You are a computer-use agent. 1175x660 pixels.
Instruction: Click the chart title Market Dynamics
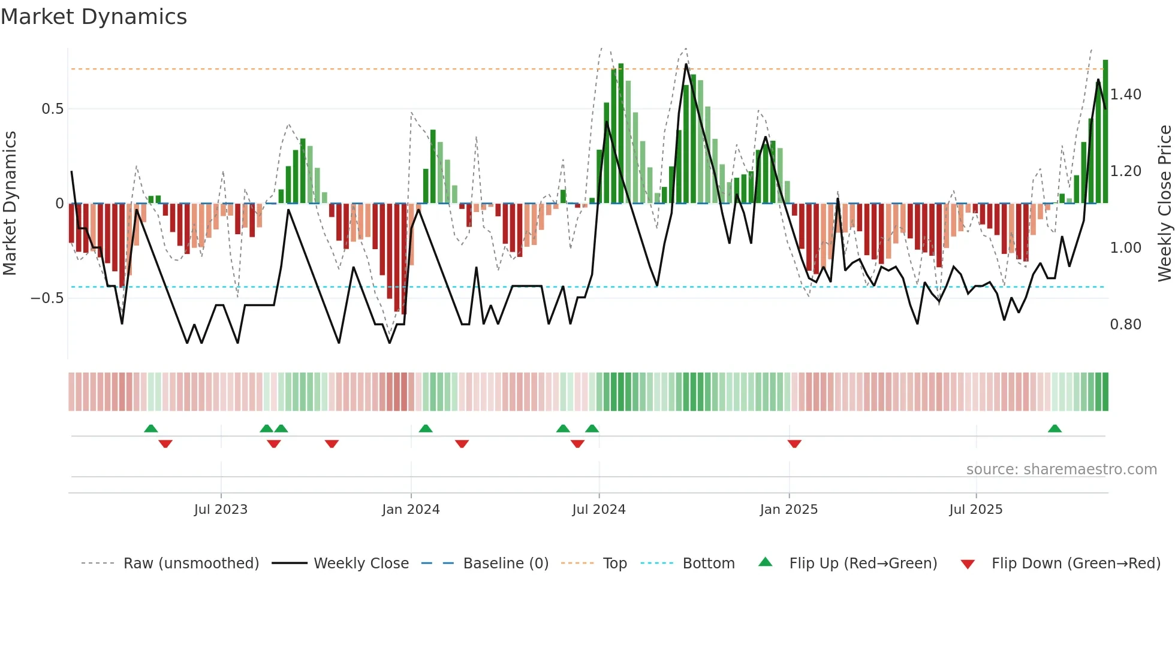pyautogui.click(x=94, y=17)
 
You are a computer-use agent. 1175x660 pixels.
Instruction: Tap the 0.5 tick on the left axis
pyautogui.click(x=52, y=109)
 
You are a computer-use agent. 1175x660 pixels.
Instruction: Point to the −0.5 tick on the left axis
pyautogui.click(x=47, y=298)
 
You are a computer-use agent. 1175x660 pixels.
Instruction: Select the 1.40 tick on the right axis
pyautogui.click(x=1125, y=95)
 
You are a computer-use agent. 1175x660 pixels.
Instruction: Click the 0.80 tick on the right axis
pyautogui.click(x=1125, y=325)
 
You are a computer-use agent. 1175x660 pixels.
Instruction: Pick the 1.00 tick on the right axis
pyautogui.click(x=1125, y=248)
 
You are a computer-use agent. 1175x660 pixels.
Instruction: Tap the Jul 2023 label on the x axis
pyautogui.click(x=221, y=510)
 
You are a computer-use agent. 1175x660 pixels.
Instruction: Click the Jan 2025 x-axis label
pyautogui.click(x=788, y=510)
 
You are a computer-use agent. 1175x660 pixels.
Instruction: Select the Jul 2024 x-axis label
pyautogui.click(x=598, y=510)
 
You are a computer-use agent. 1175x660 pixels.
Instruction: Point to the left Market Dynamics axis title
pyautogui.click(x=10, y=204)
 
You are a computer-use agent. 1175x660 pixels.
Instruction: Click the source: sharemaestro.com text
pyautogui.click(x=1061, y=470)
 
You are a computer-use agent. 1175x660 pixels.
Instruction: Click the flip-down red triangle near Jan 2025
pyautogui.click(x=794, y=444)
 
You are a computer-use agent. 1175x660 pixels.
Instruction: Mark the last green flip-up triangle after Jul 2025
pyautogui.click(x=1055, y=428)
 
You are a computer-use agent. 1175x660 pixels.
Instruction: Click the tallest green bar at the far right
pyautogui.click(x=1105, y=132)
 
